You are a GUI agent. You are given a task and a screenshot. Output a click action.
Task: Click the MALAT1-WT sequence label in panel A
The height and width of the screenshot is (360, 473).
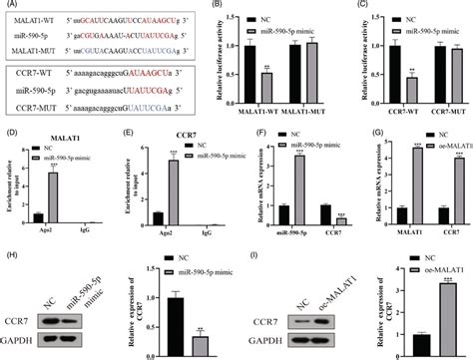(x=31, y=19)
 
